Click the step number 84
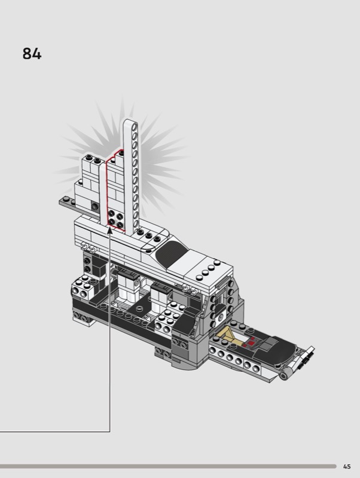(x=32, y=54)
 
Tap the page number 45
(x=347, y=467)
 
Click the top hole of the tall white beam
(x=134, y=125)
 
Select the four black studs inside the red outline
(x=115, y=219)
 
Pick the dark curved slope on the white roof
(x=171, y=255)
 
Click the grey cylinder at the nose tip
(x=284, y=376)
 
